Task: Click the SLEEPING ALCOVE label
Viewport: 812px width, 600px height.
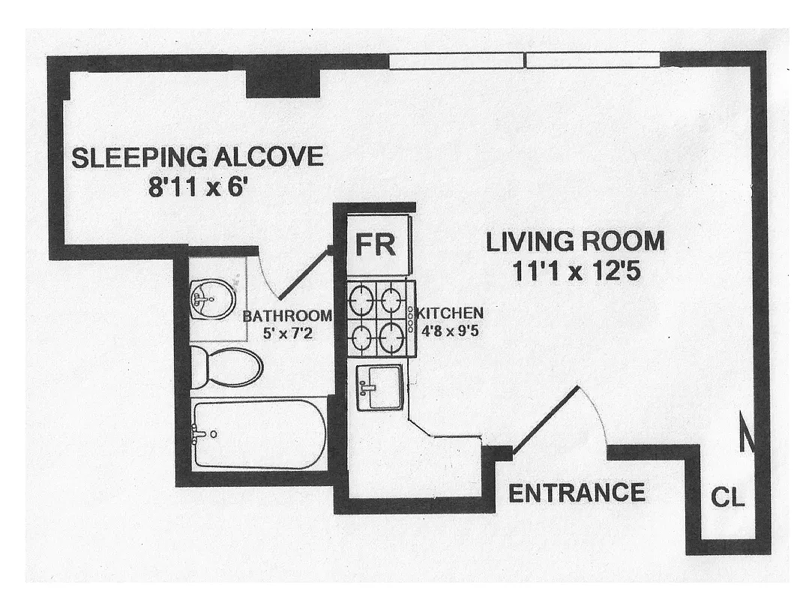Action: point(197,157)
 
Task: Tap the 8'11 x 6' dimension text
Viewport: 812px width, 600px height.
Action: point(197,186)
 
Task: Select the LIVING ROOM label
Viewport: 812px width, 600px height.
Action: point(575,241)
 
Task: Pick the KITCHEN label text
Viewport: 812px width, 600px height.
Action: point(450,313)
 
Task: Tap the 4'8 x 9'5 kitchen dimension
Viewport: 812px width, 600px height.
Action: point(450,328)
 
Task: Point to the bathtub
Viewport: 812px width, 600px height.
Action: point(258,434)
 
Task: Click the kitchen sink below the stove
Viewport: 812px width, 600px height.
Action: point(380,387)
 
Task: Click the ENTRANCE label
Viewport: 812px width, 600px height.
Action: point(576,493)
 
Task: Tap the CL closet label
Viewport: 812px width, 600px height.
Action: point(728,497)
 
